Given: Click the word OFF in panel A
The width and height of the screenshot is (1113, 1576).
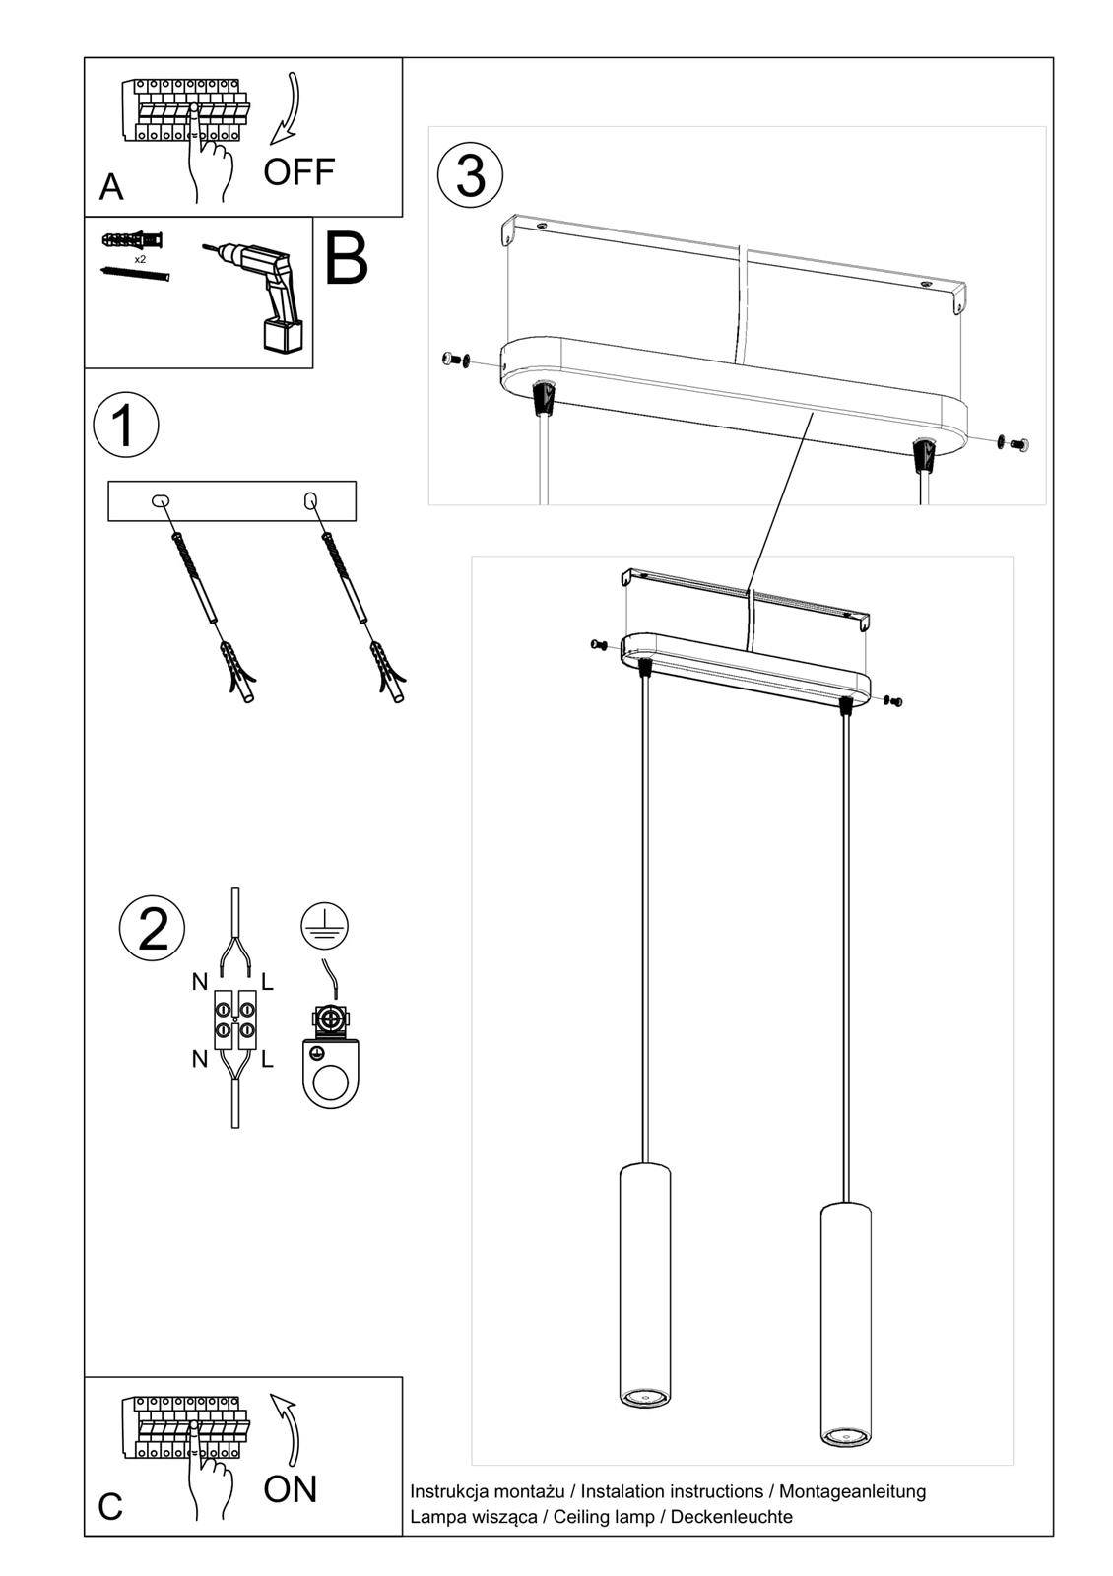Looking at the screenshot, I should click(x=298, y=171).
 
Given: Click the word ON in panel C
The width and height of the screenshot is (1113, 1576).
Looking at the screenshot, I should click(x=290, y=1488).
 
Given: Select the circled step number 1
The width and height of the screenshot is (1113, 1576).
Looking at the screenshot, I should click(x=125, y=427).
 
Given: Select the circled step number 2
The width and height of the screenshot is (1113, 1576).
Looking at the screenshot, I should click(x=152, y=929).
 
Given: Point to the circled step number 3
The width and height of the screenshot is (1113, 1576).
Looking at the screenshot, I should click(x=470, y=176).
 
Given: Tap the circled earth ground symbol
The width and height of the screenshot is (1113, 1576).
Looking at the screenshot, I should click(x=325, y=926).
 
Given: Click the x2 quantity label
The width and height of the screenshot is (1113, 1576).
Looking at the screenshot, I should click(x=140, y=259).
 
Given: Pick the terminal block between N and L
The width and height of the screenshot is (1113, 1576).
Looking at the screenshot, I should click(x=234, y=1018).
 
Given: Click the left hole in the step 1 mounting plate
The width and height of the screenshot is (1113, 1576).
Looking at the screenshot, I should click(x=161, y=500).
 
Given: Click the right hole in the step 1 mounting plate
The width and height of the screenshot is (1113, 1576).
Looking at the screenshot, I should click(x=310, y=500).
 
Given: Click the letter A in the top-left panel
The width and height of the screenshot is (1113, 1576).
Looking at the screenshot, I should click(x=111, y=186).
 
